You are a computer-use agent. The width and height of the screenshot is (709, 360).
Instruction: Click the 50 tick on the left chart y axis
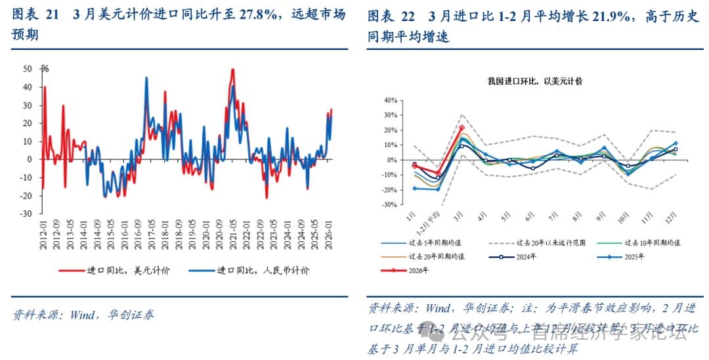click(x=28, y=68)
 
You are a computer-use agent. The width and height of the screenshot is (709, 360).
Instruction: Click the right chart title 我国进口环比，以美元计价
click(x=535, y=81)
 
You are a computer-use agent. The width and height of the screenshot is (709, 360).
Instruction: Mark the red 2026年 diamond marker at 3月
click(x=462, y=128)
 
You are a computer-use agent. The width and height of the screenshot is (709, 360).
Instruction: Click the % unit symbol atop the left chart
click(x=45, y=68)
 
